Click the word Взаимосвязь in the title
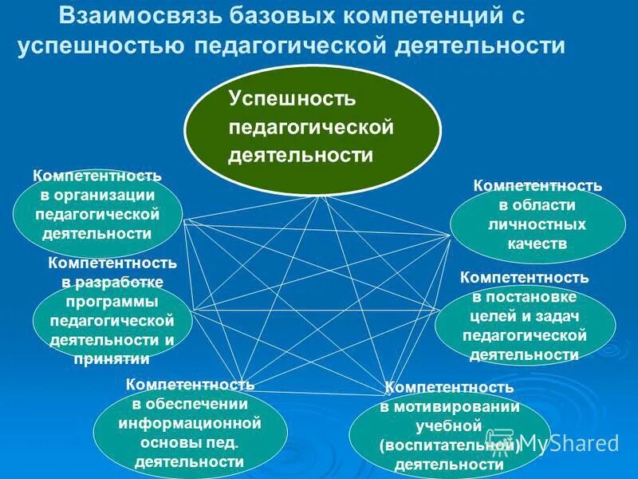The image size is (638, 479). pos(136,16)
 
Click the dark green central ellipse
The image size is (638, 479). pos(312,128)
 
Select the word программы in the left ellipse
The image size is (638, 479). pos(112,301)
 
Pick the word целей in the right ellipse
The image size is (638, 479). pos(498,316)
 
